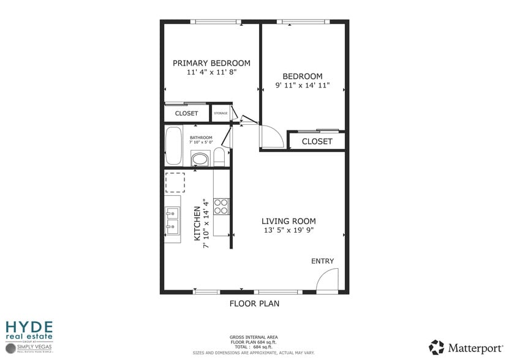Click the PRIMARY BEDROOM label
[x=211, y=63]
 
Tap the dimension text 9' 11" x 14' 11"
[x=303, y=86]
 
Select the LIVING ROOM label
[x=288, y=221]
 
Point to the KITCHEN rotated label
[x=198, y=223]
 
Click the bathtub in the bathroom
[x=174, y=146]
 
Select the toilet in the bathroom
[x=219, y=157]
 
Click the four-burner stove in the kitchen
[x=221, y=206]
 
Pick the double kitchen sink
[x=172, y=220]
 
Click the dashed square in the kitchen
[x=175, y=182]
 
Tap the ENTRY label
[x=322, y=261]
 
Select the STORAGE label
[x=221, y=113]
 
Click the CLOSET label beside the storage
[x=186, y=113]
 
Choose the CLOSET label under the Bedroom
[x=317, y=141]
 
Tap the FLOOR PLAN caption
[x=254, y=303]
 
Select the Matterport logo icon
[x=437, y=347]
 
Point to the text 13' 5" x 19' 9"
[x=288, y=231]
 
